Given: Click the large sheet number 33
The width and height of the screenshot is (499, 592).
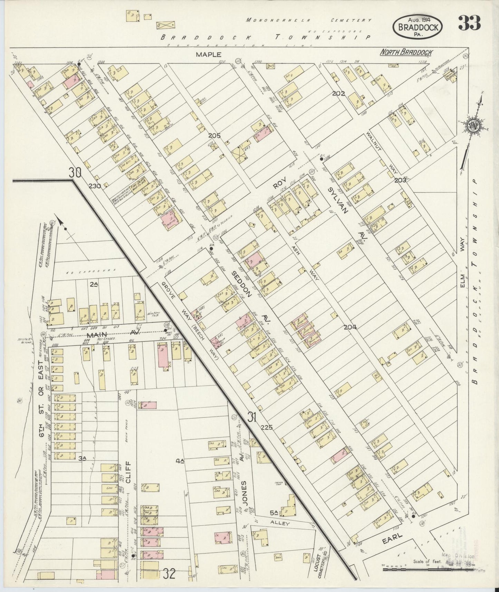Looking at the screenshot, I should pyautogui.click(x=469, y=23).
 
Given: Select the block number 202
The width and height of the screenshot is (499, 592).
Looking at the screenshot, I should pyautogui.click(x=339, y=93).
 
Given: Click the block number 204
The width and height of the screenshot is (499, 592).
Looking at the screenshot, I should pyautogui.click(x=350, y=327).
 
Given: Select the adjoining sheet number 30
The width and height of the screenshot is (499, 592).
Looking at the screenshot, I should pyautogui.click(x=75, y=172).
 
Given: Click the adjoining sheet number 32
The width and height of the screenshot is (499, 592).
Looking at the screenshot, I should pyautogui.click(x=170, y=574).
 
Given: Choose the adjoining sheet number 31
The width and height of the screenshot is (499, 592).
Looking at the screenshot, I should pyautogui.click(x=252, y=418).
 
